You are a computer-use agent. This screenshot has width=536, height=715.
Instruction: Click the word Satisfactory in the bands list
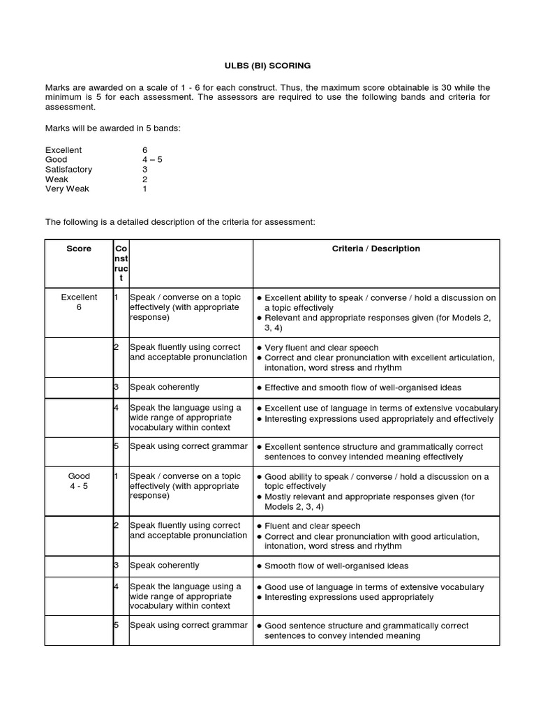point(68,170)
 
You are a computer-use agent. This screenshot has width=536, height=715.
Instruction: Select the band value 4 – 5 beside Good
point(152,160)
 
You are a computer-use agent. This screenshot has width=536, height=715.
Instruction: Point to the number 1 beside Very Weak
point(144,189)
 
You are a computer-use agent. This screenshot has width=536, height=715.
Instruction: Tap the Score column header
point(78,249)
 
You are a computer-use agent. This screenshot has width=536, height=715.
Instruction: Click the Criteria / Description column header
point(375,249)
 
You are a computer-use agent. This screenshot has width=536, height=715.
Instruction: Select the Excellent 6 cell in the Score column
point(78,302)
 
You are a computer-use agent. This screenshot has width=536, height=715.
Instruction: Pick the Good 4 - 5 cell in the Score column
point(78,481)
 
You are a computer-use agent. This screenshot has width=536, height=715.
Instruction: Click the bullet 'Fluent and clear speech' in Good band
point(313,526)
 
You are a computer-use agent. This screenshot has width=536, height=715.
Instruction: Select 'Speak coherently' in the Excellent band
point(165,388)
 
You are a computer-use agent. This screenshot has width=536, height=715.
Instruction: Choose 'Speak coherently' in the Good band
point(165,566)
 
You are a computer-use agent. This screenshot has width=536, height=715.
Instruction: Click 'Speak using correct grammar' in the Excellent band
point(188,446)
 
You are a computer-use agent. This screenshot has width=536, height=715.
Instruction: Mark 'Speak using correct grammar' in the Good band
point(188,625)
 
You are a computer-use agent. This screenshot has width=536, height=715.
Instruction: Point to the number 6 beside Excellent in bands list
point(144,150)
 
